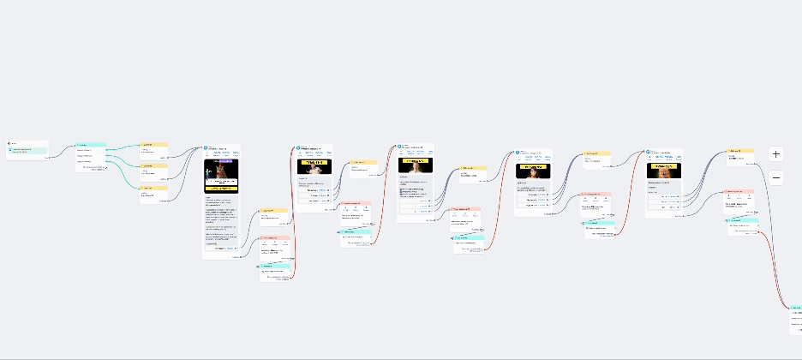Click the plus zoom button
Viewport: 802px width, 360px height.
(776, 154)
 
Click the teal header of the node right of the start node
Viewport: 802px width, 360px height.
(90, 145)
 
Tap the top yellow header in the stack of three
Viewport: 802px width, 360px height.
(153, 145)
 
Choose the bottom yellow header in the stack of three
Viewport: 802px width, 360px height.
(153, 187)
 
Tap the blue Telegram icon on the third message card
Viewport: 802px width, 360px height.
(399, 147)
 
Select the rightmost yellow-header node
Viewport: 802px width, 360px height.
(739, 151)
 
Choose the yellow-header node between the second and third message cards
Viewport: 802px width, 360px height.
(362, 162)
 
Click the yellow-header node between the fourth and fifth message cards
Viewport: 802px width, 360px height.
(596, 153)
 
